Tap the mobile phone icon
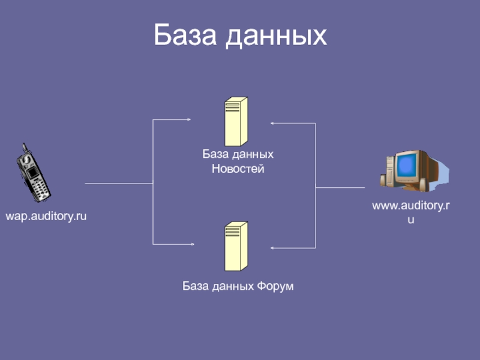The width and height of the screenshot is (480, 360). [x=34, y=175]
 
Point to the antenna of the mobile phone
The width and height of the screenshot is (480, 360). [x=24, y=148]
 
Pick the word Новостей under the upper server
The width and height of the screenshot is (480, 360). [x=238, y=169]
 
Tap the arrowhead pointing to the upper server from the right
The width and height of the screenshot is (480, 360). [x=272, y=124]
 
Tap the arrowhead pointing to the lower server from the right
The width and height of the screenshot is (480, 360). [x=273, y=248]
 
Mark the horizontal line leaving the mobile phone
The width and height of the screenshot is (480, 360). [x=119, y=183]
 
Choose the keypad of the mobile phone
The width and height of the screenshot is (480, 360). [x=40, y=188]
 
